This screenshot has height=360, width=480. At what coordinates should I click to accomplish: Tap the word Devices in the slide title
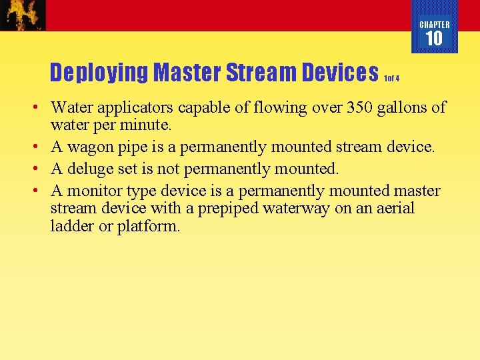tap(340, 72)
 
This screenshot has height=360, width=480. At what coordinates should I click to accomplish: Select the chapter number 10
tap(434, 39)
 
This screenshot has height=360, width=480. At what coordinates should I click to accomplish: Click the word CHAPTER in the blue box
tap(434, 25)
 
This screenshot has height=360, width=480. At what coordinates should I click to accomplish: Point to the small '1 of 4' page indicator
tap(391, 78)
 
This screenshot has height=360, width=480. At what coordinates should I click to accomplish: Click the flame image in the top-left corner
tap(23, 15)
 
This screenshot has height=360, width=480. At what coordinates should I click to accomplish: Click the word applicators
tap(137, 107)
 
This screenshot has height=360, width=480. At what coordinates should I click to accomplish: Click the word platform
tap(149, 226)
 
